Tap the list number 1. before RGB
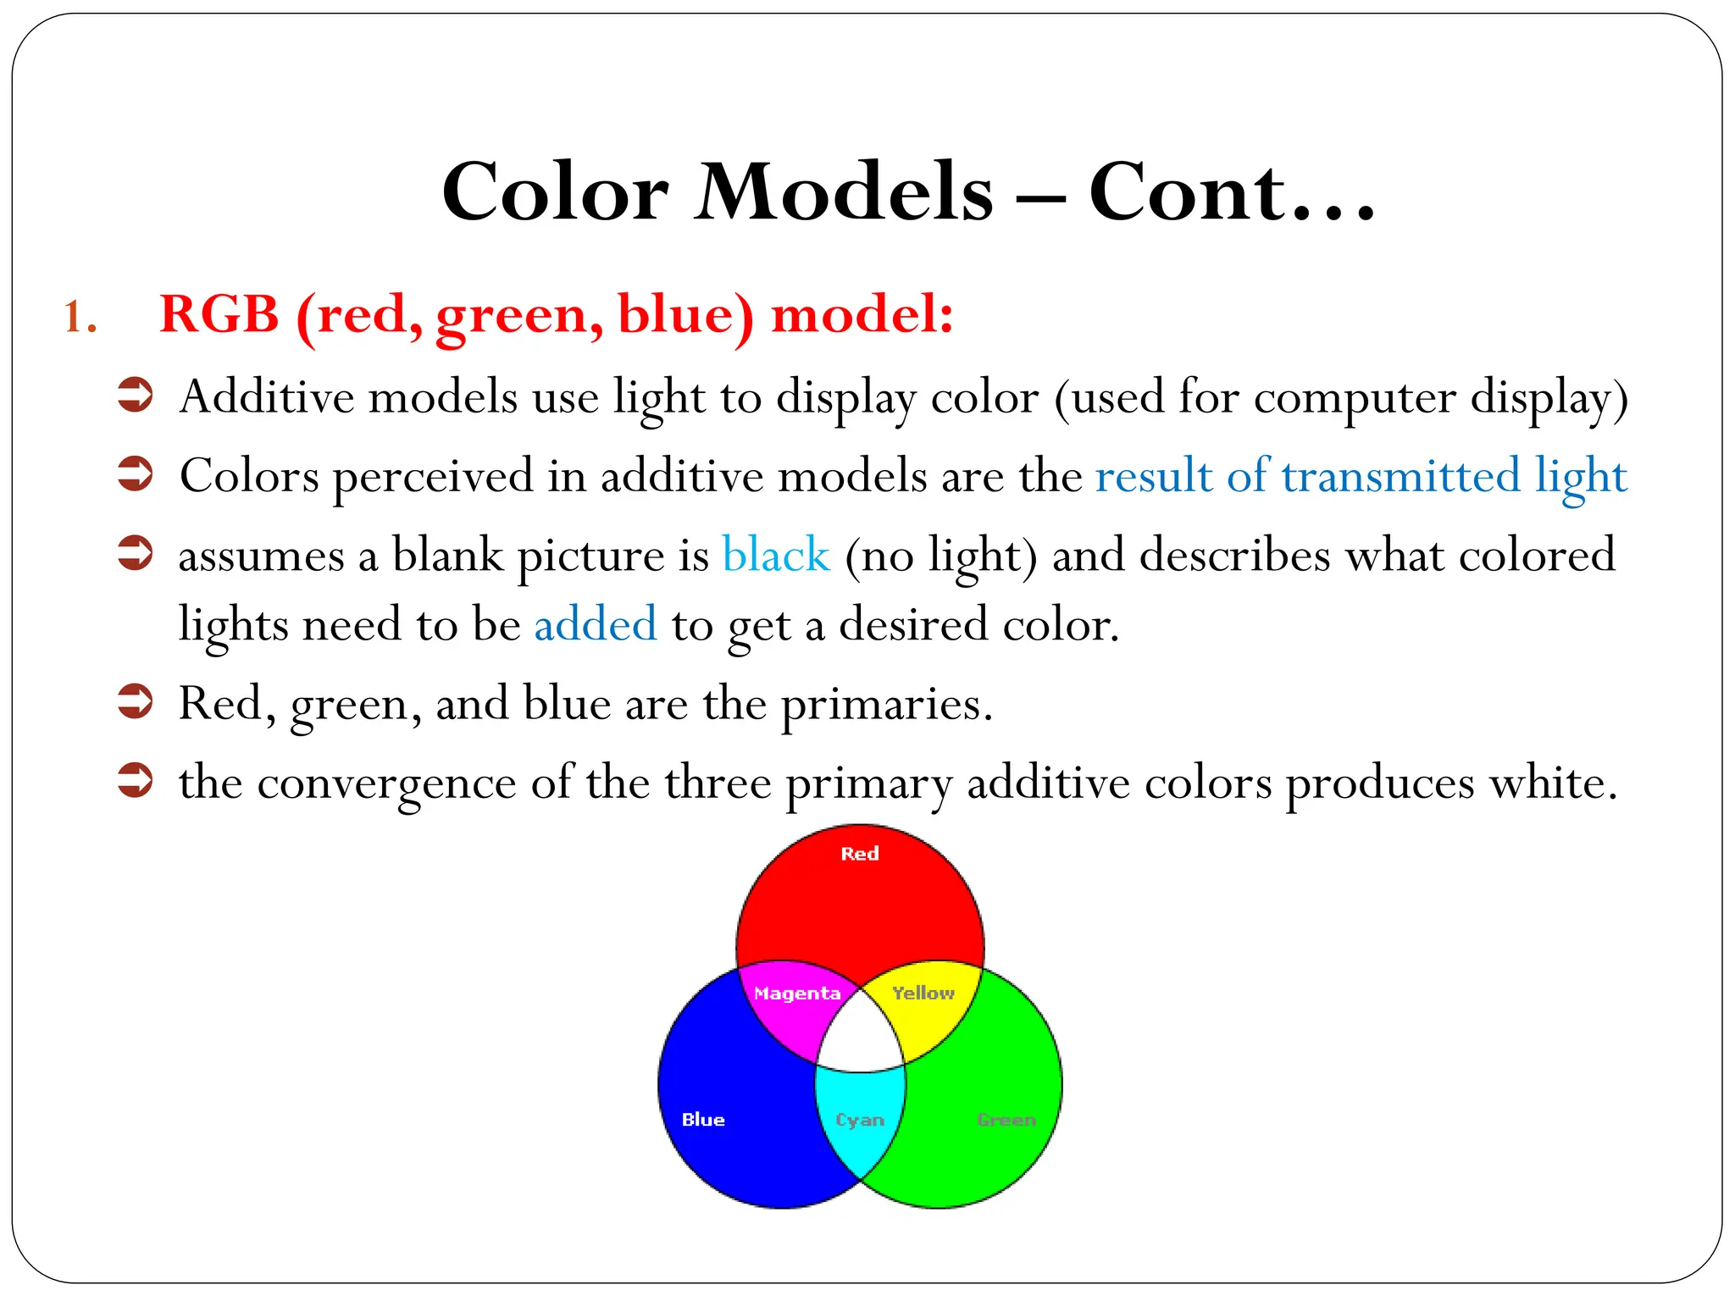coord(80,318)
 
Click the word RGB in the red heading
coord(219,314)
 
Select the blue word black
coord(775,556)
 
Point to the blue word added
coord(595,624)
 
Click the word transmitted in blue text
coord(1400,475)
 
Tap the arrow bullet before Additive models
coord(135,396)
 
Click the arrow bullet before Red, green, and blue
coord(135,701)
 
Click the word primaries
coord(884,705)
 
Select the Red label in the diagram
coord(859,854)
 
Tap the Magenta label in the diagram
coord(796,994)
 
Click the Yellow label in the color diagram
coord(923,993)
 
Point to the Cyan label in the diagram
coord(859,1120)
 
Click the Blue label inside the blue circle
coord(703,1120)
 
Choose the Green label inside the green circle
coord(1006,1120)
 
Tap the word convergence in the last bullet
coord(386,783)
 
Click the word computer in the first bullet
coord(1354,397)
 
